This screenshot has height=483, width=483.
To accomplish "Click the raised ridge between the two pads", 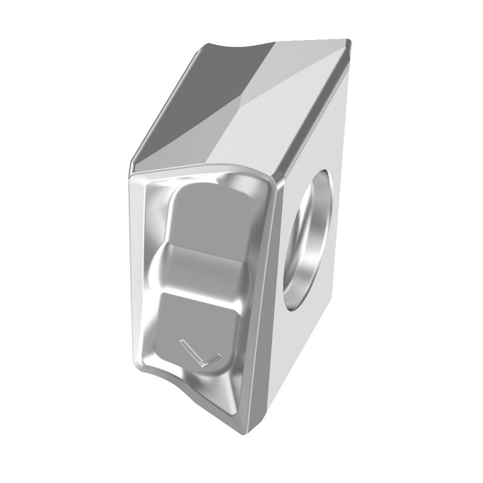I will tap(203, 270).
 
